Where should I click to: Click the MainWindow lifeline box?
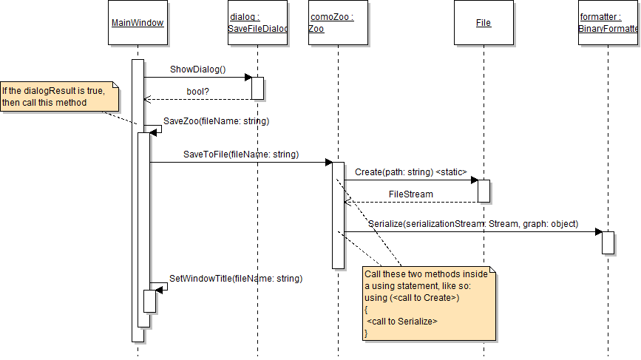coord(138,24)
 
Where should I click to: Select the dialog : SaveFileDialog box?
coord(257,24)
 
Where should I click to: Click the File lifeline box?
coord(484,24)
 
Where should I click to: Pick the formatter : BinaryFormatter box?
coord(608,24)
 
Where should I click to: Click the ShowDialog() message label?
coord(197,69)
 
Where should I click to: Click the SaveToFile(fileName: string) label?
coord(240,154)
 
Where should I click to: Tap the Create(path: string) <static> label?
coord(410,172)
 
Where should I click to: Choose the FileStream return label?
coord(410,194)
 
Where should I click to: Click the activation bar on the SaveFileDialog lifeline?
coord(257,87)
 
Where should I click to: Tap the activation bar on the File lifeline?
coord(484,191)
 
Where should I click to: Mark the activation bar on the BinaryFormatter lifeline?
coord(608,242)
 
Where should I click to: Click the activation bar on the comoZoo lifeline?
coord(338,214)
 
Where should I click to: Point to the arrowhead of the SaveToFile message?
coord(328,162)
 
